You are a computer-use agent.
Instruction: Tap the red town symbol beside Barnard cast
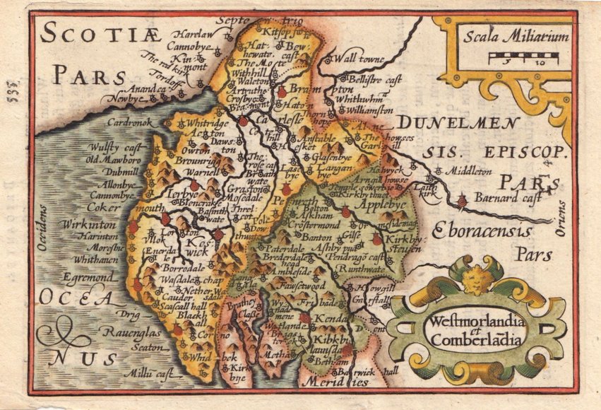pos(462,202)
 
